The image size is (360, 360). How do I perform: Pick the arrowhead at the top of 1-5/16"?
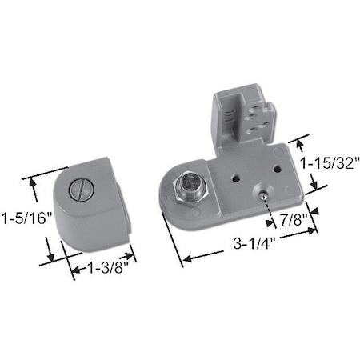click(34, 180)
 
